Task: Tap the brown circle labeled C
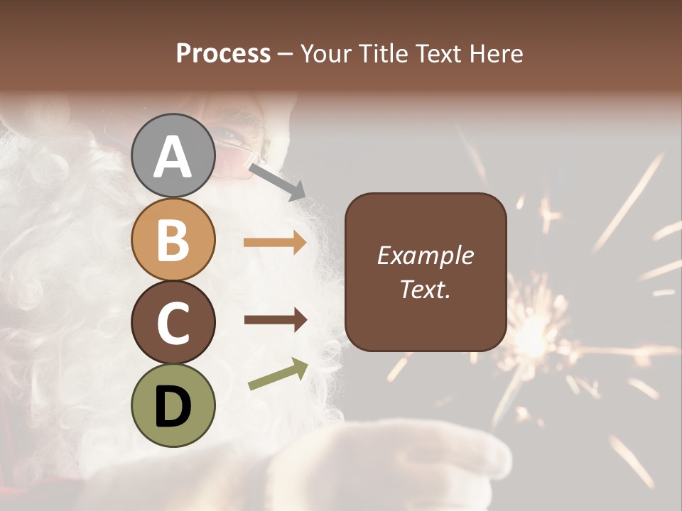(173, 322)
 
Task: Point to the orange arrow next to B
(275, 243)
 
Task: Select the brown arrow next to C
(275, 319)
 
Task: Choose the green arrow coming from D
(278, 374)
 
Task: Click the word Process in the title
(223, 53)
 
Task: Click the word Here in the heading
(497, 53)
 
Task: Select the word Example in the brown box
(426, 255)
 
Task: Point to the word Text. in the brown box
(426, 289)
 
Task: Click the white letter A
(173, 156)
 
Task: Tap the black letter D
(173, 407)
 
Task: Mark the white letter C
(173, 323)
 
